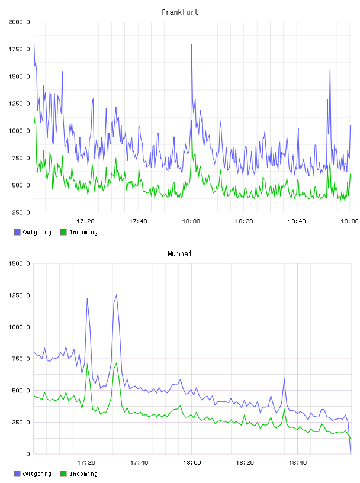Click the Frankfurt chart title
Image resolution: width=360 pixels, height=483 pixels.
(x=180, y=12)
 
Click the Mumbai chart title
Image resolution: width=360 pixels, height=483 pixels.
(x=179, y=254)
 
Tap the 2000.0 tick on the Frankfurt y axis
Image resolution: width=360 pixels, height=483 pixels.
(x=19, y=22)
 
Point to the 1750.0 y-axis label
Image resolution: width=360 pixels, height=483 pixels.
(x=19, y=49)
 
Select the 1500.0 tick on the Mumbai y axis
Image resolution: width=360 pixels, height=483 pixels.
(x=19, y=263)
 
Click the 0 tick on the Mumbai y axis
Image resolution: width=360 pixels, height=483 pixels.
(x=28, y=454)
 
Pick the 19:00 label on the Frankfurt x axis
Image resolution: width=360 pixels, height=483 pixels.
(x=349, y=221)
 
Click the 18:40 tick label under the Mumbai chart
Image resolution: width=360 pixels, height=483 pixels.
(x=297, y=463)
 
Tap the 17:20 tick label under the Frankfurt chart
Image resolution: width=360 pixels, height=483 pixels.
(x=85, y=221)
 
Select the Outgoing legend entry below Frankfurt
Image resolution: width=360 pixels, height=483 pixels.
(x=33, y=232)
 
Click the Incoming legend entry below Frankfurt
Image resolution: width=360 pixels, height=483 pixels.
(x=79, y=232)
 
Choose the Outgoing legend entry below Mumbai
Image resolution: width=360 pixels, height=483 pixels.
(x=33, y=474)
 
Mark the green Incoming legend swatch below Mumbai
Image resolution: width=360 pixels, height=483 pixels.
(x=63, y=474)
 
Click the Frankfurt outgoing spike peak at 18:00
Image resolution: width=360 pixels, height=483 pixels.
(x=192, y=45)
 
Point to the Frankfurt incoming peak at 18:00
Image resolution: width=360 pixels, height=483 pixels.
(x=192, y=121)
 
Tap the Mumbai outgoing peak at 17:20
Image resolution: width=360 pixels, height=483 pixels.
(x=87, y=298)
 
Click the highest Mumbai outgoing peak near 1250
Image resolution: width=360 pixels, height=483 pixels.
(x=117, y=295)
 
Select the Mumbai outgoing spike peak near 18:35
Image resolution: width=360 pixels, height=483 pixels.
(x=284, y=378)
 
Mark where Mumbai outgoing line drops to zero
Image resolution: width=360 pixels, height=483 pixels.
(x=351, y=453)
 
